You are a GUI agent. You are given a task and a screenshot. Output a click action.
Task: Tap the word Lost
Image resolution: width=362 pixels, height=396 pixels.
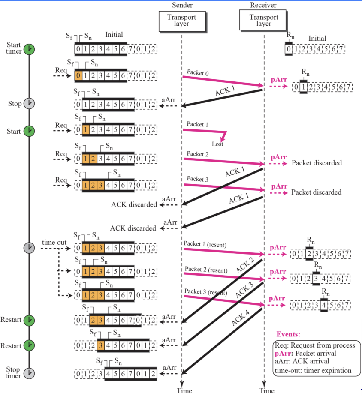pyautogui.click(x=217, y=144)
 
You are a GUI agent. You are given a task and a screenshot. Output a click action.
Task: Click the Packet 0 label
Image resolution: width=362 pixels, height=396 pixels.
pyautogui.click(x=198, y=73)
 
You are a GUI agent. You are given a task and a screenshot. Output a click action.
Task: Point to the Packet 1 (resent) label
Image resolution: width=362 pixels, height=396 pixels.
pyautogui.click(x=205, y=244)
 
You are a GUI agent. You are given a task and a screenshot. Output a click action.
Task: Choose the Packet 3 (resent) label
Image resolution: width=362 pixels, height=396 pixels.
pyautogui.click(x=205, y=292)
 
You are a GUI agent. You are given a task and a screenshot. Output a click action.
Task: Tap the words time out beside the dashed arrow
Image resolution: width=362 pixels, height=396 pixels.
pyautogui.click(x=54, y=243)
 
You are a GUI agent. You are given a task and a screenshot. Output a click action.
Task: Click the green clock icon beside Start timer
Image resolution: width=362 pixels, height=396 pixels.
pyautogui.click(x=29, y=49)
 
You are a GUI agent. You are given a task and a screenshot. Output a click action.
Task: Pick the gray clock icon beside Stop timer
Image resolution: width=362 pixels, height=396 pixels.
pyautogui.click(x=29, y=373)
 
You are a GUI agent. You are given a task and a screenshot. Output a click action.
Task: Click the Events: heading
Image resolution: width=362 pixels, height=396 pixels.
pyautogui.click(x=288, y=334)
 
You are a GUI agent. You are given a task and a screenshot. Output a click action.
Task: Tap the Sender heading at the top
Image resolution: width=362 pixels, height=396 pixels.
pyautogui.click(x=182, y=5)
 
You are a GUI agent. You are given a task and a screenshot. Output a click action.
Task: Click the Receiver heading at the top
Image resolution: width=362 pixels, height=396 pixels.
pyautogui.click(x=263, y=5)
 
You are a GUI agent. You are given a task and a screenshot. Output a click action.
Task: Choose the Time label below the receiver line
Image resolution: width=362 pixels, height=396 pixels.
pyautogui.click(x=267, y=390)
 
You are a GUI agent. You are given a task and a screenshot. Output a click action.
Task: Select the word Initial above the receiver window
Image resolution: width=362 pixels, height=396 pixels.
pyautogui.click(x=317, y=39)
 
